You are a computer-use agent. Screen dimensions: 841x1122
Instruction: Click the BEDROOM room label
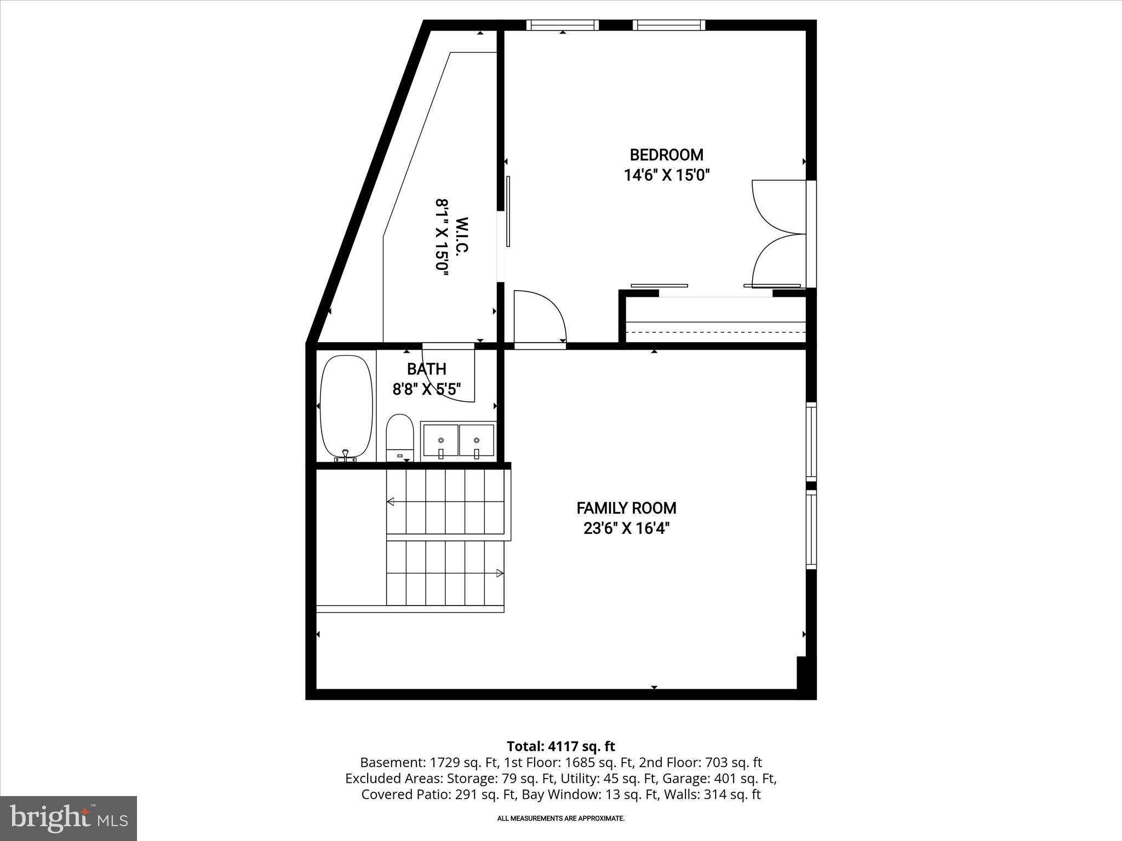(666, 155)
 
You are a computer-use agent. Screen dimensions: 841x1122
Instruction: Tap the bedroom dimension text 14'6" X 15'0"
(666, 175)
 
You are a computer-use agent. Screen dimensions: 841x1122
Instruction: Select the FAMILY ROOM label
(626, 508)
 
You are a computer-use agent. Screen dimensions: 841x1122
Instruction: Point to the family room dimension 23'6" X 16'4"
(626, 528)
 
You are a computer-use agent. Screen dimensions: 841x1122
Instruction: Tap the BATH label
(426, 368)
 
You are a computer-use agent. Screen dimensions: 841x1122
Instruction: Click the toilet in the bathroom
(399, 436)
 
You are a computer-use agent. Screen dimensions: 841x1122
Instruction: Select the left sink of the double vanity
(440, 440)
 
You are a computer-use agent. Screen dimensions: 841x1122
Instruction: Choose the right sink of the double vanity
(477, 440)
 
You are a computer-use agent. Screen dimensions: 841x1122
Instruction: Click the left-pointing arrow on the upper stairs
(391, 501)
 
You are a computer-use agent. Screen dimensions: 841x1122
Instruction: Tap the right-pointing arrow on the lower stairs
(499, 573)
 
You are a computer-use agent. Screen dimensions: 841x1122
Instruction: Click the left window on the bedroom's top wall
(563, 25)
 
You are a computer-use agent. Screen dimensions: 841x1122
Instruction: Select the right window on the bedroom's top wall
(668, 25)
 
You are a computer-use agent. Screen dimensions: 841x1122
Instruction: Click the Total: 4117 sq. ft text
(560, 746)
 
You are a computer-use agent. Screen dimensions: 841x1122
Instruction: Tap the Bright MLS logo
(68, 818)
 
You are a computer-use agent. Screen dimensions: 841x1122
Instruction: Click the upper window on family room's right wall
(811, 441)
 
